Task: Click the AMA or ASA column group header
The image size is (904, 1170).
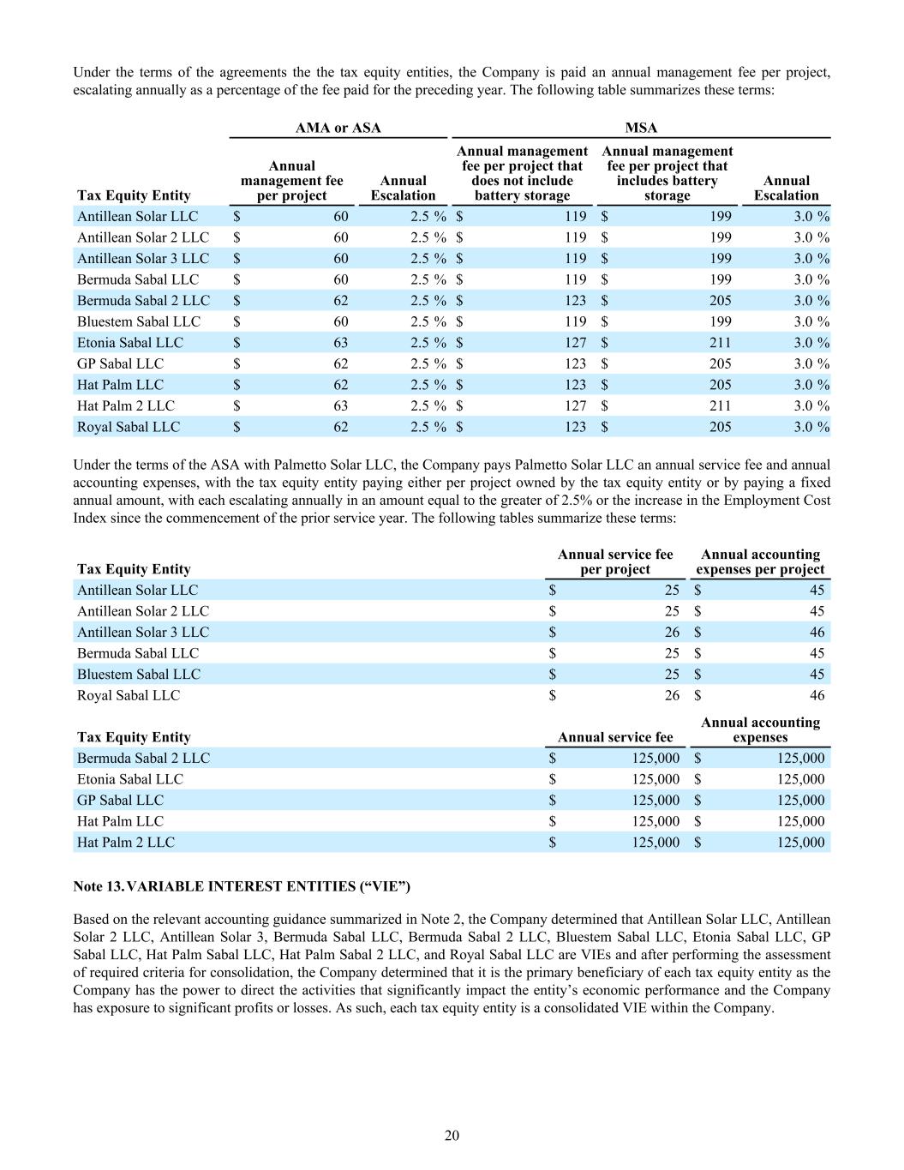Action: coord(338,128)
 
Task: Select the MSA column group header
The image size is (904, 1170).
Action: coord(641,128)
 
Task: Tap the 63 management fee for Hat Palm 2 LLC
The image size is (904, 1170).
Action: coord(341,405)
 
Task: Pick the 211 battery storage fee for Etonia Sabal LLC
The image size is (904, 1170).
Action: coord(720,342)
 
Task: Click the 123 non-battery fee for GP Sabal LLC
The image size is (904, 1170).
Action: coord(575,363)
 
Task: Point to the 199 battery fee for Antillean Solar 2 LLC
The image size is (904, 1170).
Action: coord(720,237)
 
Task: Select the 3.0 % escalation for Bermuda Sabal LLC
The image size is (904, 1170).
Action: coord(811,279)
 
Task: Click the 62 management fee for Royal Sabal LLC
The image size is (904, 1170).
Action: coord(341,427)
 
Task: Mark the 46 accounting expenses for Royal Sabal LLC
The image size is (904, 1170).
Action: coord(817,695)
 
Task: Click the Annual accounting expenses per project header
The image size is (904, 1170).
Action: coord(760,561)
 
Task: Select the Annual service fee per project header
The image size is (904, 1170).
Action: coord(615,561)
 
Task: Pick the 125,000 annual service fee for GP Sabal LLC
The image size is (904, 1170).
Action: coord(656,800)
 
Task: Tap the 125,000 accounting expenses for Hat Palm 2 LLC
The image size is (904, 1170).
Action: coord(801,842)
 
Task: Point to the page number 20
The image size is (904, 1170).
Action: coord(452,1136)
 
